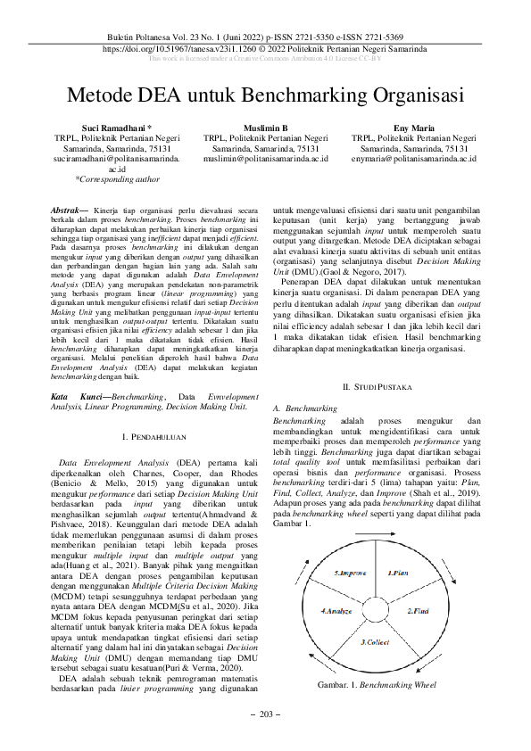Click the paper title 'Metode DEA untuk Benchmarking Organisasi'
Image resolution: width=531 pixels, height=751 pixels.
265,95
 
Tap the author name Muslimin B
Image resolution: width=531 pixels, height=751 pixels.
265,128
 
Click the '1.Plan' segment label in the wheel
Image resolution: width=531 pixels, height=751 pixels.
398,570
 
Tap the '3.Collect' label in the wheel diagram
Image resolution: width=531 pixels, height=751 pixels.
373,642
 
